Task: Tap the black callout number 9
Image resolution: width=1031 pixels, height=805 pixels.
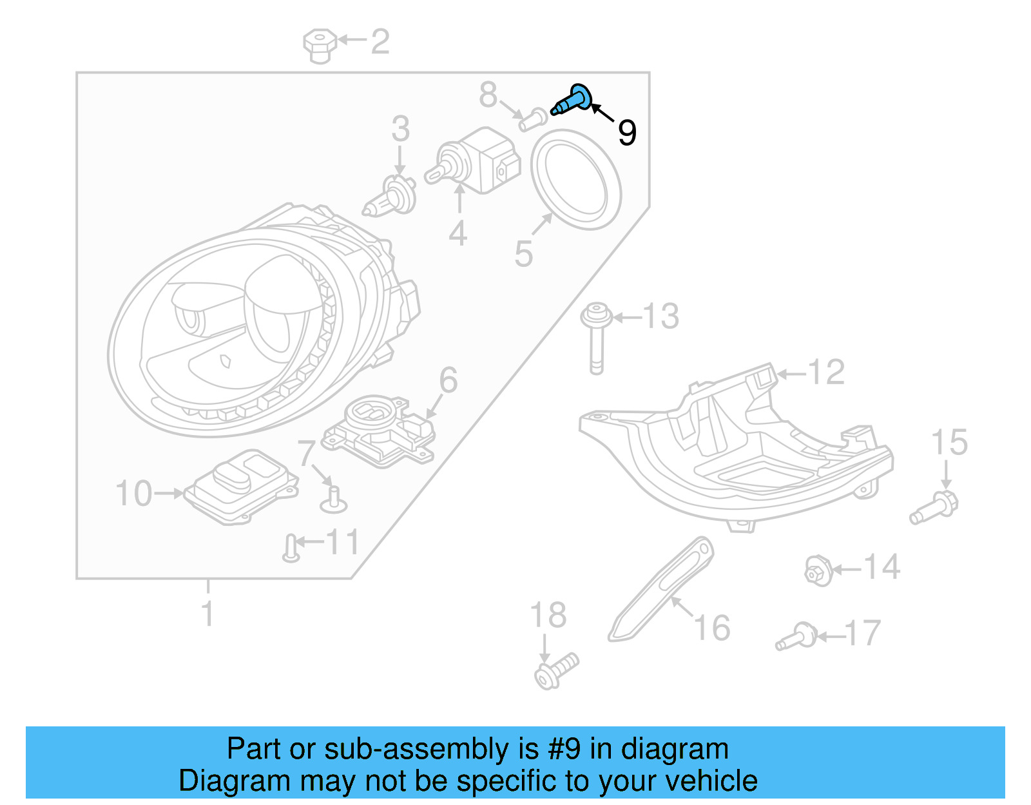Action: click(x=626, y=133)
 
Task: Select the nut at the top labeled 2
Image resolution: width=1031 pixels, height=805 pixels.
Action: click(x=320, y=46)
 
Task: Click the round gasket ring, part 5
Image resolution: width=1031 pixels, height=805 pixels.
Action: click(x=576, y=179)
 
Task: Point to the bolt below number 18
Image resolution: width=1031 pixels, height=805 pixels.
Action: click(x=556, y=670)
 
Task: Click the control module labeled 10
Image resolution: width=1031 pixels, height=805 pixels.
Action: click(x=241, y=487)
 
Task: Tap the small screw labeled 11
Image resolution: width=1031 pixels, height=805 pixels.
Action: click(x=291, y=548)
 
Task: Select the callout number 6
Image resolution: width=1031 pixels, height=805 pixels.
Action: click(x=448, y=380)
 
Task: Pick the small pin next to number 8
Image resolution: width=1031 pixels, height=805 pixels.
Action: click(x=532, y=119)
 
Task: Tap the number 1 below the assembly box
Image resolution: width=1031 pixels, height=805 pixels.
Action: click(x=207, y=614)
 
